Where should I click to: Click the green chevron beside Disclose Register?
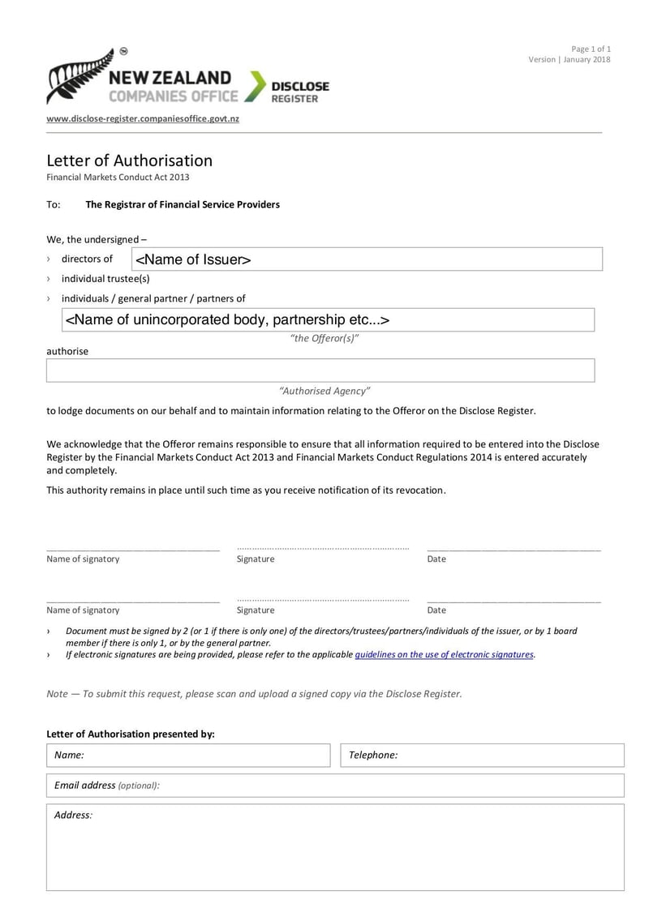click(x=256, y=86)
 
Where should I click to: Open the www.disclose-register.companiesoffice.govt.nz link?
click(x=143, y=118)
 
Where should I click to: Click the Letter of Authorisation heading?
click(x=129, y=161)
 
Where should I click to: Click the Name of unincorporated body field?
click(x=329, y=320)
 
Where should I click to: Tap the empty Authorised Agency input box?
click(x=320, y=370)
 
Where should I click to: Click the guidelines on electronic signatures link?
click(x=445, y=654)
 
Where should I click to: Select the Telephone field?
click(x=482, y=755)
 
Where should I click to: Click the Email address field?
click(x=335, y=785)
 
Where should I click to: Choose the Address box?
click(x=335, y=847)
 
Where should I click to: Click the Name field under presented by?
click(x=188, y=755)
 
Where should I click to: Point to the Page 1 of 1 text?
click(x=591, y=49)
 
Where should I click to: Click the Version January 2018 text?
click(x=569, y=59)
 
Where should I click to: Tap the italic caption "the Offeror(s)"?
click(x=324, y=338)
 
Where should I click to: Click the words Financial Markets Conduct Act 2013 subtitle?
click(x=118, y=177)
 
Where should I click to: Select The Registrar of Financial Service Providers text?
click(x=183, y=204)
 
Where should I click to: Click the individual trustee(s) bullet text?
click(x=105, y=278)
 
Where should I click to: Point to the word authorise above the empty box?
click(x=67, y=352)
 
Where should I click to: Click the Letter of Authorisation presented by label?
click(x=131, y=734)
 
